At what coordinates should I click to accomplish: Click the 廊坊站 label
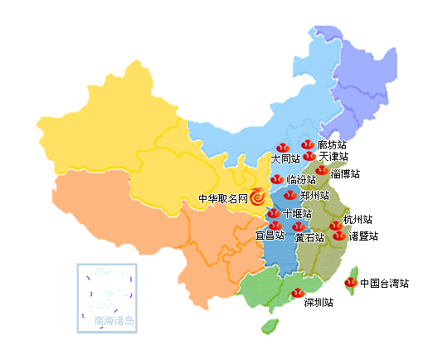pos(332,145)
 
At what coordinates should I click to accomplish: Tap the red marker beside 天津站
pos(309,156)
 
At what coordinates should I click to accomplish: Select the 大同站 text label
pos(285,158)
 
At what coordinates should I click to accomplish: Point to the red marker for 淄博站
pos(322,171)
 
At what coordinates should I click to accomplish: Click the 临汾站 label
pos(301,179)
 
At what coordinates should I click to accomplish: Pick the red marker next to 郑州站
pos(289,195)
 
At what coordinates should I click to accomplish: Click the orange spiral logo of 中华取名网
pos(259,198)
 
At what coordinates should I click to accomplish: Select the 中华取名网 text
pos(222,199)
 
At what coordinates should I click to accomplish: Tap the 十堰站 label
pos(297,213)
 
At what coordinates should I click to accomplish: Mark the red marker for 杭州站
pos(335,225)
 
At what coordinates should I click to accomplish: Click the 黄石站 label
pos(309,237)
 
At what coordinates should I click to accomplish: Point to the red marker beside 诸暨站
pos(338,236)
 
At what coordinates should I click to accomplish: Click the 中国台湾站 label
pos(384,283)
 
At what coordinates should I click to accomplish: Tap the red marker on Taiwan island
pos(351,283)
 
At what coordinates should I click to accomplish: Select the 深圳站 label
pos(319,303)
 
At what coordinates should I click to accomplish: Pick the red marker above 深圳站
pos(297,291)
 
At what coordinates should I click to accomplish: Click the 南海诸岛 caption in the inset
pos(114,320)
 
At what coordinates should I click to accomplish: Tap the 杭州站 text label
pos(357,220)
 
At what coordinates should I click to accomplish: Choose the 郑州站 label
pos(314,196)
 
